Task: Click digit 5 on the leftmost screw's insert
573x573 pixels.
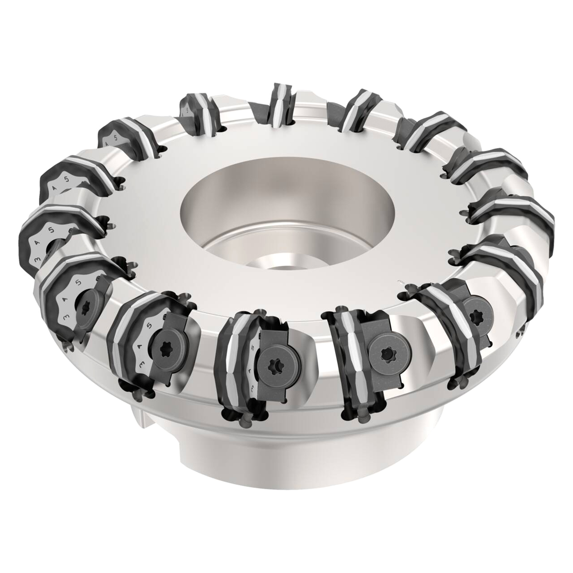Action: point(79,282)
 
